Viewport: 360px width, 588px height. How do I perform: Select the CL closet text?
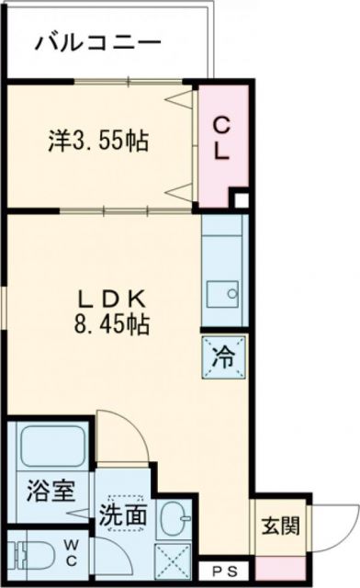coord(221,138)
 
